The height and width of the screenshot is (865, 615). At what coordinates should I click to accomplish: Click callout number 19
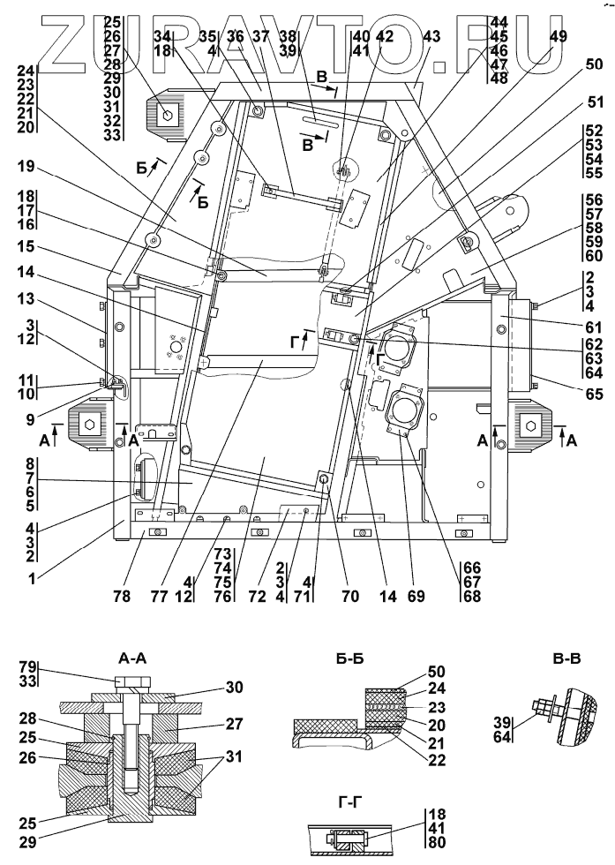point(26,168)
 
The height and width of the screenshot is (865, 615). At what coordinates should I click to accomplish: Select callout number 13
point(26,299)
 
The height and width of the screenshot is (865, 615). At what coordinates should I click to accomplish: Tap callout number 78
point(122,597)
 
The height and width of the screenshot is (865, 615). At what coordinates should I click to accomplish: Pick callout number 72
point(257,597)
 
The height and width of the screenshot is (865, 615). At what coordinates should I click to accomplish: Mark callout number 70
point(351,597)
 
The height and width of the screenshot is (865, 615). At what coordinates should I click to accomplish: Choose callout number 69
point(416,597)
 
